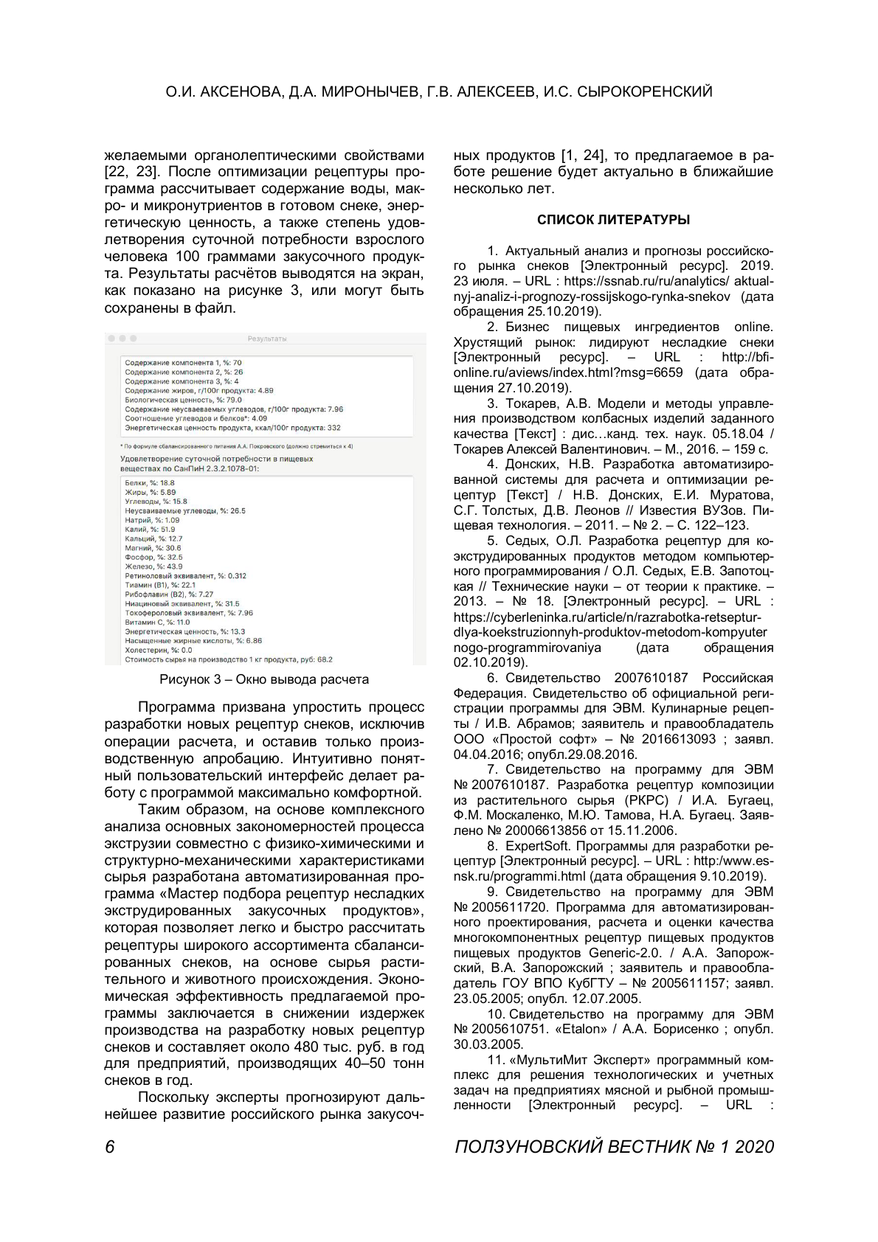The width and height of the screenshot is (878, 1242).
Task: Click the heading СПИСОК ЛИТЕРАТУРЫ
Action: pyautogui.click(x=613, y=220)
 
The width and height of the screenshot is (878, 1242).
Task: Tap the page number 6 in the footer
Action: pyautogui.click(x=110, y=1146)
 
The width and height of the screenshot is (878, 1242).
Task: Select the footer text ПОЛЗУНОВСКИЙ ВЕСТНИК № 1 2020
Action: pyautogui.click(x=614, y=1146)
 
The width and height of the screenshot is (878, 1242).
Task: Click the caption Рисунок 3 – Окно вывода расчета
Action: pyautogui.click(x=264, y=679)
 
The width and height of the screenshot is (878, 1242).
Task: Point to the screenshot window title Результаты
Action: pyautogui.click(x=266, y=339)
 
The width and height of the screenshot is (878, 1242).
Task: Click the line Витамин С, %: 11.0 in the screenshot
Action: pyautogui.click(x=157, y=622)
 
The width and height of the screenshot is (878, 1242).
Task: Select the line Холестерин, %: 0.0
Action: pyautogui.click(x=158, y=651)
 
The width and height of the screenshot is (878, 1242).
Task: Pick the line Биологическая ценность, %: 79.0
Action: pyautogui.click(x=183, y=400)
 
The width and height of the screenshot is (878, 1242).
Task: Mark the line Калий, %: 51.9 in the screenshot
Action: pyautogui.click(x=150, y=530)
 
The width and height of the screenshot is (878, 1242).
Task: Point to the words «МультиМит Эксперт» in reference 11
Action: pyautogui.click(x=565, y=1060)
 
